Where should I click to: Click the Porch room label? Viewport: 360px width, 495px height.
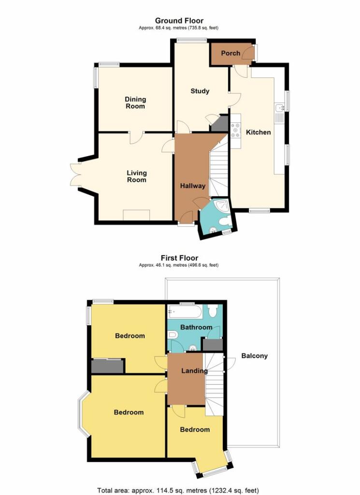230,53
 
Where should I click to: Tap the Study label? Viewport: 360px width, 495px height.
200,91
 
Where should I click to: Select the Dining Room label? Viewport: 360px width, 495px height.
135,102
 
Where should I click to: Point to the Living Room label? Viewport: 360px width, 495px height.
137,176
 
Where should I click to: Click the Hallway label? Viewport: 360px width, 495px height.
193,186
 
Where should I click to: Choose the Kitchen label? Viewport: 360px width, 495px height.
259,132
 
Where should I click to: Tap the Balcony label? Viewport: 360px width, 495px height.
254,356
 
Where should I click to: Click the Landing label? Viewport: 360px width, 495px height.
194,371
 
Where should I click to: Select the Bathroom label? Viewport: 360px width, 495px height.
196,327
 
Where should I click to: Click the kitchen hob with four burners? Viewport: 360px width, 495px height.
236,130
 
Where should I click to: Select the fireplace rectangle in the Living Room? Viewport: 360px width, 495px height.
136,215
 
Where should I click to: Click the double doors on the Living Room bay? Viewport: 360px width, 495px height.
75,174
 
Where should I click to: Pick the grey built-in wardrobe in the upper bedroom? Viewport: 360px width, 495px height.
107,366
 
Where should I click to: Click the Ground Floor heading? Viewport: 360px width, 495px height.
179,21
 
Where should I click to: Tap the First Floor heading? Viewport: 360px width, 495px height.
179,258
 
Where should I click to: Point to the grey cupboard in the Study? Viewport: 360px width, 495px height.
220,123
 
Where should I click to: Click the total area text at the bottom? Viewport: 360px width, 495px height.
178,490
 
